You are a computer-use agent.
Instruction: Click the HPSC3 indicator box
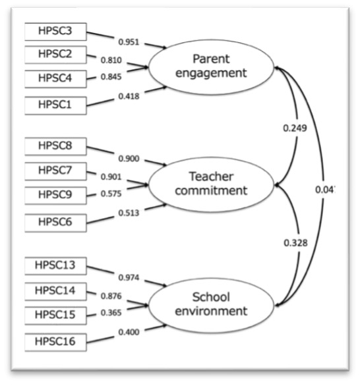tap(55, 32)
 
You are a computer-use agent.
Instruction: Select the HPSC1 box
tap(55, 105)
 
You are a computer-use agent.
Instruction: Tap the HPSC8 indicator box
tap(55, 146)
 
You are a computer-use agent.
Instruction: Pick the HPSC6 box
tap(55, 223)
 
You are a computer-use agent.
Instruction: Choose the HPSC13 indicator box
tap(55, 266)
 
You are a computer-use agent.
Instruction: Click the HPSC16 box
tap(55, 342)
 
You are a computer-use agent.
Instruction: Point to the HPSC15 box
tap(55, 316)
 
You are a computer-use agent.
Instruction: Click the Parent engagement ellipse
tap(211, 67)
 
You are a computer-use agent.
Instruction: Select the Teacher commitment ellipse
tap(211, 184)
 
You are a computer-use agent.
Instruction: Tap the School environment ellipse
tap(211, 305)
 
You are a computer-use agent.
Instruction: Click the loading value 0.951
tap(129, 42)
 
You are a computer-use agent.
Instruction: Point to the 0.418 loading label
tap(129, 96)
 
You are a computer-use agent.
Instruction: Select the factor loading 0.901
tap(111, 177)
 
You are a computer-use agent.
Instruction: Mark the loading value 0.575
tap(111, 194)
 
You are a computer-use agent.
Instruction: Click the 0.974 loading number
tap(129, 278)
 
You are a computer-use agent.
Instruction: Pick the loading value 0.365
tap(111, 313)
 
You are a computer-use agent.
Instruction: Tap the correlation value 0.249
tap(295, 128)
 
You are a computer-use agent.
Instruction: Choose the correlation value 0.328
tap(295, 243)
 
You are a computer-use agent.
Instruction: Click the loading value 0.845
tap(111, 77)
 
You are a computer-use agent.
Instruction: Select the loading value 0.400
tap(129, 332)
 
